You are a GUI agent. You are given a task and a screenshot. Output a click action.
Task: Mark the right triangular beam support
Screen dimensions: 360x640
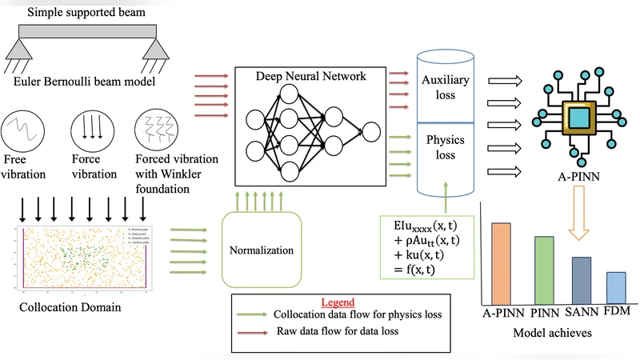click(155, 50)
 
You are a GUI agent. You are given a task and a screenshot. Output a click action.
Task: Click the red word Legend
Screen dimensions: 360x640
click(337, 303)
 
